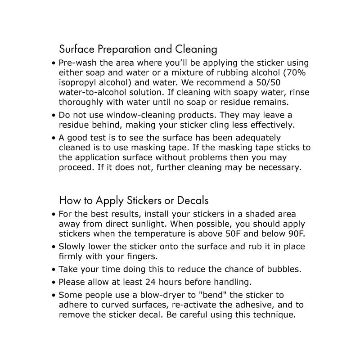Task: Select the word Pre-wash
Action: pos(77,63)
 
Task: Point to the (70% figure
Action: pos(286,73)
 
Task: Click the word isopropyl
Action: pos(76,83)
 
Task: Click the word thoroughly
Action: pos(81,103)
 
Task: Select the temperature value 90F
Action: pos(295,234)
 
